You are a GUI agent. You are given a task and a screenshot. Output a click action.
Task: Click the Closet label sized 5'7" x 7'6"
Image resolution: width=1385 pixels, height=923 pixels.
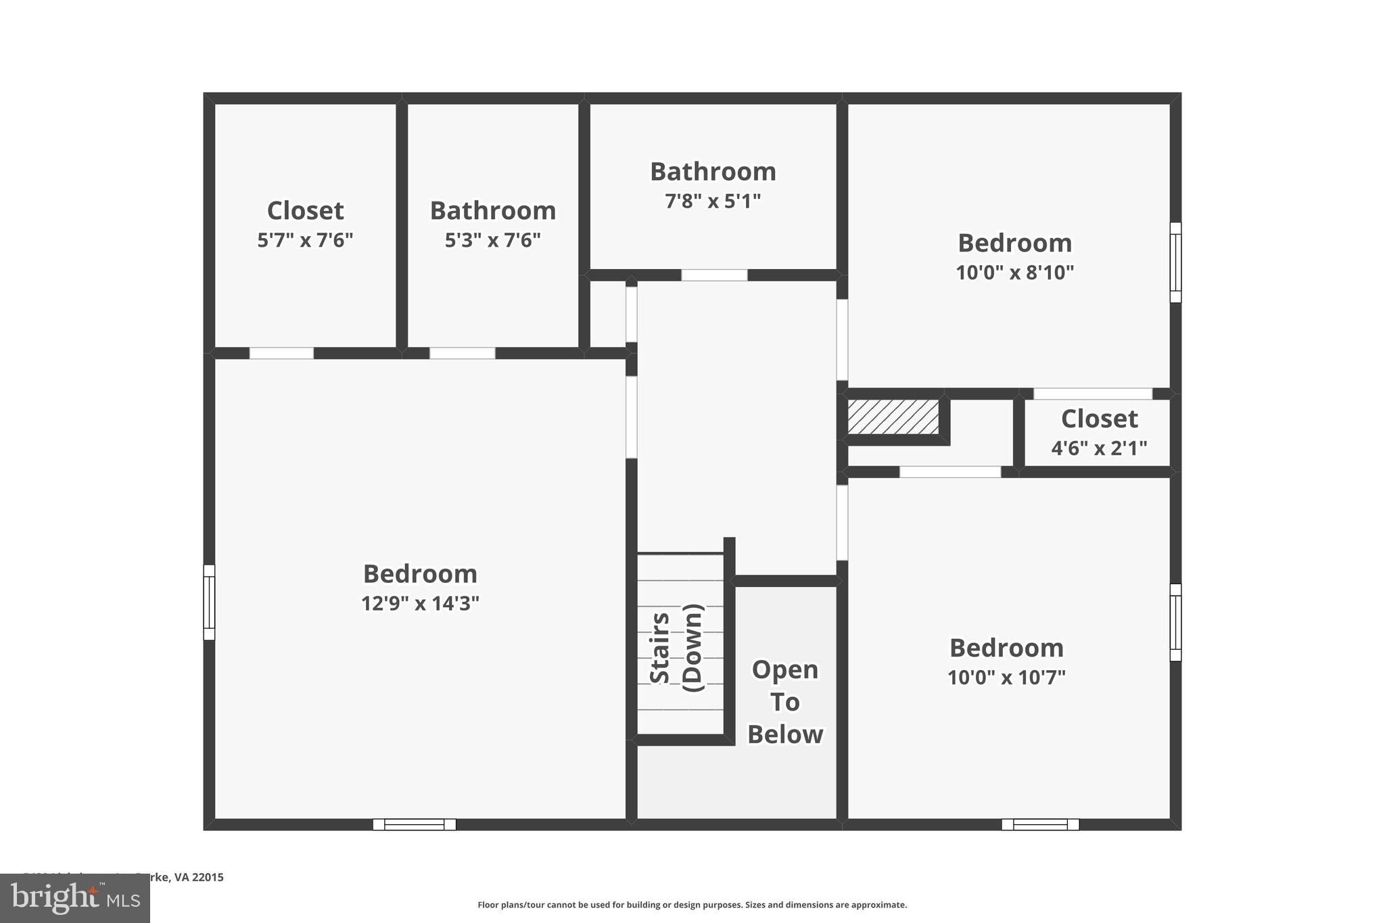pyautogui.click(x=305, y=210)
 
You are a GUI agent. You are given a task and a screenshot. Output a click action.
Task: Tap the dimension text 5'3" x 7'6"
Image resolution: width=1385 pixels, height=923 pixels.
pyautogui.click(x=492, y=240)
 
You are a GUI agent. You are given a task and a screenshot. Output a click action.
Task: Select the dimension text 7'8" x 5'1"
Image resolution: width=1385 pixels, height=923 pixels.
pyautogui.click(x=713, y=202)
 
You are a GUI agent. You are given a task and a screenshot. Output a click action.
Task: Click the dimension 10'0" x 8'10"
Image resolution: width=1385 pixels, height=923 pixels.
pyautogui.click(x=1014, y=273)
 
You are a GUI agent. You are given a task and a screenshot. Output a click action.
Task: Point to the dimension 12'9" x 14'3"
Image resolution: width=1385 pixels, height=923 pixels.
pyautogui.click(x=420, y=603)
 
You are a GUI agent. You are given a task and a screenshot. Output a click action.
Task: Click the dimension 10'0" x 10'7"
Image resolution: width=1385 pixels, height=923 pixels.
pyautogui.click(x=1006, y=678)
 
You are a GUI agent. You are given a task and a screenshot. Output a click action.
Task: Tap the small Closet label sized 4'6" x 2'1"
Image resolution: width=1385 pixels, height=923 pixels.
pyautogui.click(x=1099, y=419)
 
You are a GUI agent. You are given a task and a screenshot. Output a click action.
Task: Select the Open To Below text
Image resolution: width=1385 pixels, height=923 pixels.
pyautogui.click(x=784, y=702)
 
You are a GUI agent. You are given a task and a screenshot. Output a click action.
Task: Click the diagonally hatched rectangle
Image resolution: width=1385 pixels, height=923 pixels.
pyautogui.click(x=893, y=417)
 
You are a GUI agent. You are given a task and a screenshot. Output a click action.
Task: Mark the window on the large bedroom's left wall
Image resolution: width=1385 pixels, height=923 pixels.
pyautogui.click(x=210, y=602)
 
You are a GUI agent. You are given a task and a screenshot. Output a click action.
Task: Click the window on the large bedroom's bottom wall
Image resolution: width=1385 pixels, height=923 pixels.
pyautogui.click(x=415, y=824)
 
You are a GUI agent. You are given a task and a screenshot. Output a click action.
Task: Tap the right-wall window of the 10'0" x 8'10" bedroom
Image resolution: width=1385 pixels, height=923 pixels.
pyautogui.click(x=1175, y=262)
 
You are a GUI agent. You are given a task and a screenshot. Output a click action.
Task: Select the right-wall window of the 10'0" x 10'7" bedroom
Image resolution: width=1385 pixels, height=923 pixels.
pyautogui.click(x=1175, y=622)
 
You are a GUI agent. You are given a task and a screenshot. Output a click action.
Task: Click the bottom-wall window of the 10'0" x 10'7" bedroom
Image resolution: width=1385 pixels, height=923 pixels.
pyautogui.click(x=1040, y=824)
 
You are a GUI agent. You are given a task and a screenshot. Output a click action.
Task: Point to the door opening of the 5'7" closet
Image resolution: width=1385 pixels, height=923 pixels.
pyautogui.click(x=281, y=353)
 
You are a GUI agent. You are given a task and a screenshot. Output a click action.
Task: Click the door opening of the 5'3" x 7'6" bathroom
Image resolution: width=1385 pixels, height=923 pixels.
pyautogui.click(x=463, y=353)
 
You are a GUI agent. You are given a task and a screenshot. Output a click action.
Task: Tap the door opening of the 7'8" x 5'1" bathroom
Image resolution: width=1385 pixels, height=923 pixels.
pyautogui.click(x=714, y=275)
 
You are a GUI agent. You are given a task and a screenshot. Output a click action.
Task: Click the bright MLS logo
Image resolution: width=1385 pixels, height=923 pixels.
pyautogui.click(x=74, y=899)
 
